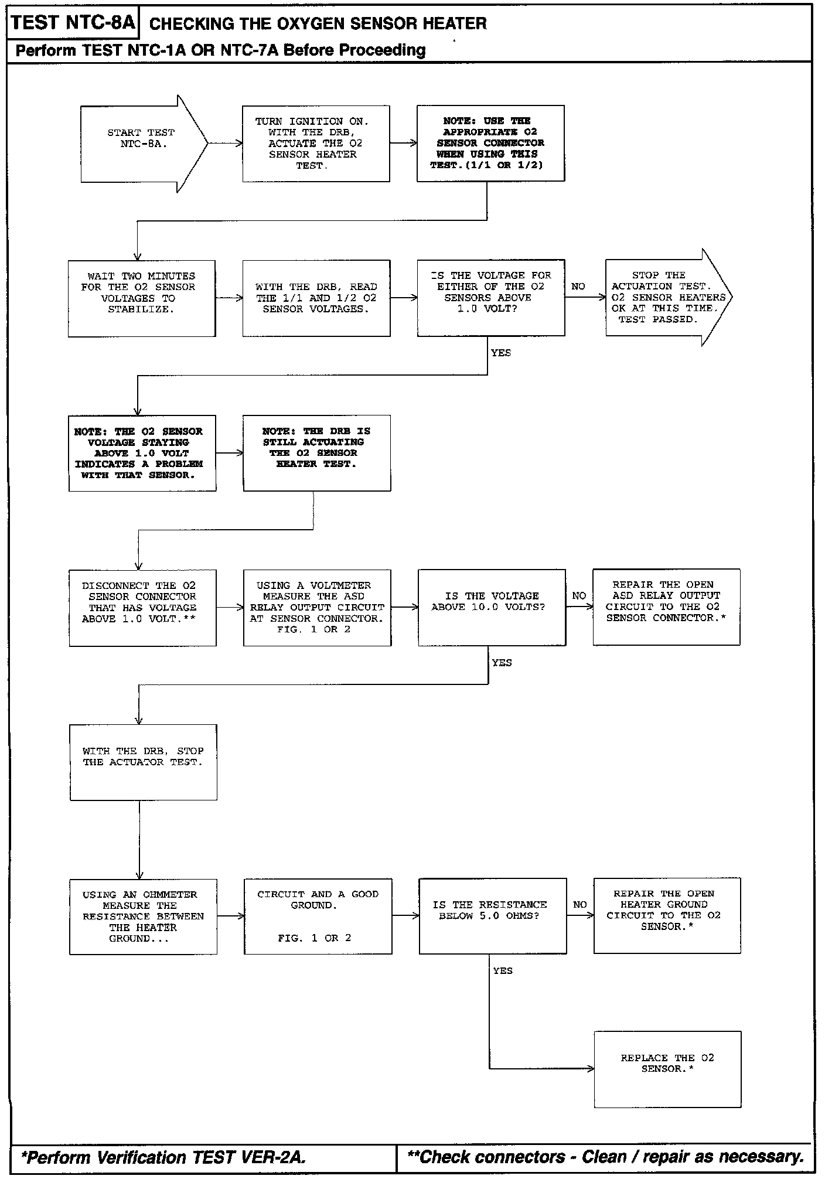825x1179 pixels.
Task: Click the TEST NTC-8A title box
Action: (73, 23)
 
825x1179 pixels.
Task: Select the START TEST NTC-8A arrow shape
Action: (144, 144)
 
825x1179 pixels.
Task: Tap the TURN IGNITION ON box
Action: (316, 144)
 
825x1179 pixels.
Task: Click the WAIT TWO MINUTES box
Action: (142, 298)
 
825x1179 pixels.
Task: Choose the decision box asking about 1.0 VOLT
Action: (491, 298)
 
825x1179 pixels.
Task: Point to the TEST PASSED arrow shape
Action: (669, 297)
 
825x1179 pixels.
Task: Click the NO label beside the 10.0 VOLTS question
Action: (579, 596)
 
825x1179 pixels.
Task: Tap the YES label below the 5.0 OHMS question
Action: (503, 971)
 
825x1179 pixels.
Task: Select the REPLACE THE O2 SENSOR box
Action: (668, 1069)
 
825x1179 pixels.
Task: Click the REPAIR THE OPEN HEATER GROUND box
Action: (667, 916)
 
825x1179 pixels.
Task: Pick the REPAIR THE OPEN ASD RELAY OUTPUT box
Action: (667, 607)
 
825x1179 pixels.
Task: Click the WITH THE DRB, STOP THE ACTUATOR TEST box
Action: (144, 762)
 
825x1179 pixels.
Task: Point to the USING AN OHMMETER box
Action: (144, 916)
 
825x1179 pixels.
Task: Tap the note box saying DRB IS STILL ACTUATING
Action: (317, 453)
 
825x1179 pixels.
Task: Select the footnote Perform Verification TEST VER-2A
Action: (163, 1157)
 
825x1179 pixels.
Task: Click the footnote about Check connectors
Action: (605, 1157)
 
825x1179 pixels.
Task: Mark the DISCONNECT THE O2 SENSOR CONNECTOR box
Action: (143, 608)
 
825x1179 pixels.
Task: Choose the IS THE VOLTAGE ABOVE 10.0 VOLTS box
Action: (492, 607)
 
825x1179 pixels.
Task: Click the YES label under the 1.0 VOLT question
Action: (501, 353)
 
